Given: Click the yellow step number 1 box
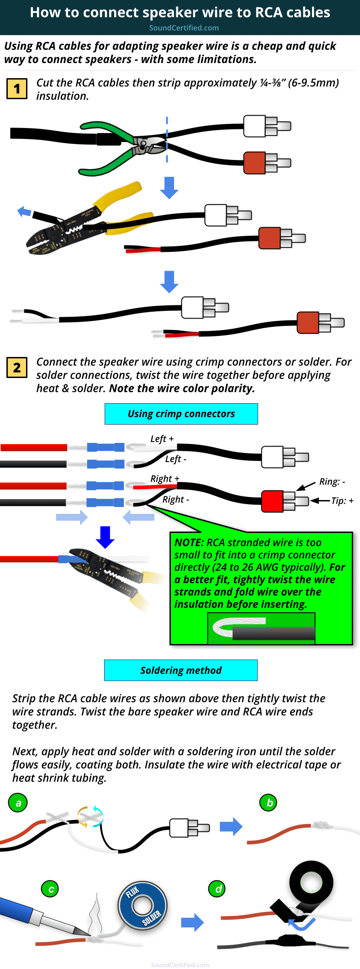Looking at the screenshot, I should pos(17,89).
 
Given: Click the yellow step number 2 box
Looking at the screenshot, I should pos(17,367).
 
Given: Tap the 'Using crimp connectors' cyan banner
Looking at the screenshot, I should pos(181,414).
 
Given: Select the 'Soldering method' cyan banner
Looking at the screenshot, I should pos(180,670).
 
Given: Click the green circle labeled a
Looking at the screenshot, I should pos(18,803).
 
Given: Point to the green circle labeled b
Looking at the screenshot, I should pos(269,803).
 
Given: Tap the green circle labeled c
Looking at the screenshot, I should pos(51,889).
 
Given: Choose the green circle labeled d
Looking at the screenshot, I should pos(218,889).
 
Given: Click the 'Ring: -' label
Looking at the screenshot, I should pos(332,481).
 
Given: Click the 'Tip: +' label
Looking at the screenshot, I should pos(342,501).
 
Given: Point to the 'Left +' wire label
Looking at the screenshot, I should pos(162,439).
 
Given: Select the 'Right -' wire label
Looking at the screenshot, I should pos(176,500).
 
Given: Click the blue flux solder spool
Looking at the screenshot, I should pos(143,905).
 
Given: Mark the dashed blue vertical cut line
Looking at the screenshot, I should pos(167,139).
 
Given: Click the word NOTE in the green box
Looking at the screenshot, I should pos(189,543).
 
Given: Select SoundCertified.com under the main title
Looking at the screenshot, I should pos(184,28).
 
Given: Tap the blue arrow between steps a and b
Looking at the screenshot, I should pos(231,826).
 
